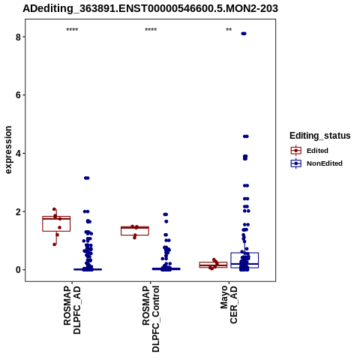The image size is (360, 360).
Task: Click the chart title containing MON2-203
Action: (x=150, y=8)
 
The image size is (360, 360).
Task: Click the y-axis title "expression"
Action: (x=8, y=150)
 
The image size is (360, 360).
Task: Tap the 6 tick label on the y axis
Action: (x=18, y=95)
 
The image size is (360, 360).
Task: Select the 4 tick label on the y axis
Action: (x=18, y=154)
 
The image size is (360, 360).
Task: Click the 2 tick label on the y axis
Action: (x=18, y=211)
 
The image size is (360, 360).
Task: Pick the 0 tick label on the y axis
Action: (x=18, y=270)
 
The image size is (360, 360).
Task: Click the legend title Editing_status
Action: (x=320, y=136)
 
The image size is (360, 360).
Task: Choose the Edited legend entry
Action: (x=309, y=151)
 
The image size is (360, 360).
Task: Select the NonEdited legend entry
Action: (x=316, y=163)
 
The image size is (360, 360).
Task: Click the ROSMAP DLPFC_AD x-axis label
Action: (x=72, y=310)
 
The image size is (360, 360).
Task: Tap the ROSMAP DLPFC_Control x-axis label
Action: (x=151, y=319)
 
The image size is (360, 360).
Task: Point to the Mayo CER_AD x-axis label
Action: (x=229, y=304)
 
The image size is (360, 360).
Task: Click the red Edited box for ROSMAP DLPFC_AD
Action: (x=56, y=223)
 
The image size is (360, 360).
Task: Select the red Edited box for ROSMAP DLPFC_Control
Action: (x=135, y=231)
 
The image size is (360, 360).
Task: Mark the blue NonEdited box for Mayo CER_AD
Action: (x=244, y=260)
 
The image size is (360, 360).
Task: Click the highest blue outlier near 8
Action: (x=244, y=34)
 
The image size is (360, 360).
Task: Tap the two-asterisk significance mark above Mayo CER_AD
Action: (x=229, y=30)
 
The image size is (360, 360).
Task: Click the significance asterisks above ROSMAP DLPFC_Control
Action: (x=151, y=30)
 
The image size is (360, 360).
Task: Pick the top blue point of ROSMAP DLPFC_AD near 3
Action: (x=86, y=178)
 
